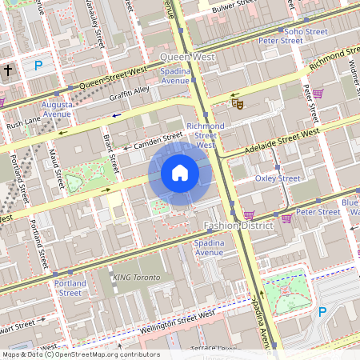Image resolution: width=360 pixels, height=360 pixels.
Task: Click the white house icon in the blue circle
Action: tap(180, 173)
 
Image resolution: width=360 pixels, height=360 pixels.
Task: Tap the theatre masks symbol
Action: tap(236, 102)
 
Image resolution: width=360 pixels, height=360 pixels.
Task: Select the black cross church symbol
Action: tap(8, 70)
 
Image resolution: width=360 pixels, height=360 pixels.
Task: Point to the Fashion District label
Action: tap(238, 226)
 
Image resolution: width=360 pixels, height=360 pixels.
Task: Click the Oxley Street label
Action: tap(277, 178)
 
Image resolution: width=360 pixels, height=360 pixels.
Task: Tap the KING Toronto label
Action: tap(136, 278)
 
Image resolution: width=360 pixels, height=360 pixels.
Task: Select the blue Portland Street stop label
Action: tap(70, 288)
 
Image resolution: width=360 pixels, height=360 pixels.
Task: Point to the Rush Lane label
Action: tap(23, 126)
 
